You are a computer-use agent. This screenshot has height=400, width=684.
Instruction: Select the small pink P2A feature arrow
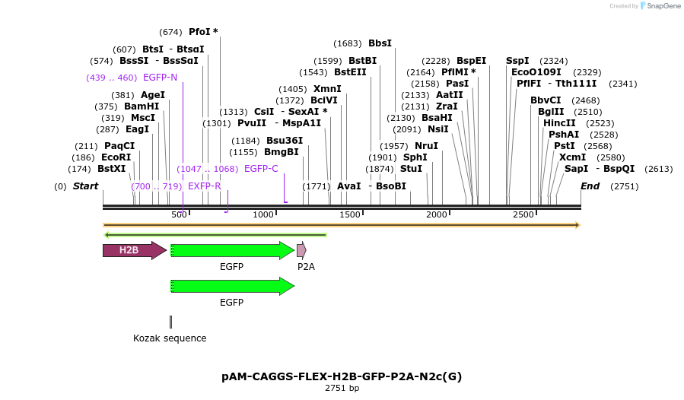click(x=301, y=250)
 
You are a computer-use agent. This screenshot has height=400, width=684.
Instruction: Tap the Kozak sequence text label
click(x=170, y=338)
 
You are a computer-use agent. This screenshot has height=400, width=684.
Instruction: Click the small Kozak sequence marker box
click(x=170, y=322)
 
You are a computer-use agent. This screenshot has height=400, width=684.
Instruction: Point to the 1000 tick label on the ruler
click(x=263, y=215)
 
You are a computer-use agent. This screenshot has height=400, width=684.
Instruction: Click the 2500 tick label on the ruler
click(x=523, y=215)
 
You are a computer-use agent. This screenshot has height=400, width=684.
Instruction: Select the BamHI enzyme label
click(x=142, y=106)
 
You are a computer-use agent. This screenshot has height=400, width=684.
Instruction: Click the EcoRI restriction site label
click(x=116, y=157)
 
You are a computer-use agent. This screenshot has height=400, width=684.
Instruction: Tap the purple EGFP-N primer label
click(x=160, y=78)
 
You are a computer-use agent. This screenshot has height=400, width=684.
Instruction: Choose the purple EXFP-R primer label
click(x=204, y=186)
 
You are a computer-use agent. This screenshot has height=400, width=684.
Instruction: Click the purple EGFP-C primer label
click(x=261, y=169)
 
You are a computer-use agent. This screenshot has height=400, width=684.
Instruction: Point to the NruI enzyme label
click(x=426, y=145)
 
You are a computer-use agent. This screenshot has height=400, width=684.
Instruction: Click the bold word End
click(x=590, y=186)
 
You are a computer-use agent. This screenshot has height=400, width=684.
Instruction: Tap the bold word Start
click(x=85, y=186)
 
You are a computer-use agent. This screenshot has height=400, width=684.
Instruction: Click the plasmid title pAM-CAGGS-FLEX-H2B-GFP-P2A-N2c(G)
click(x=342, y=376)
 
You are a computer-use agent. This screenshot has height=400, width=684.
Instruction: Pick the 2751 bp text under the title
click(x=342, y=389)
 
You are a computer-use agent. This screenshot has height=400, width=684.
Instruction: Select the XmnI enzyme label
click(x=327, y=89)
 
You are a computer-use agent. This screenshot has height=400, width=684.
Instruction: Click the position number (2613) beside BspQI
click(x=658, y=169)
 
